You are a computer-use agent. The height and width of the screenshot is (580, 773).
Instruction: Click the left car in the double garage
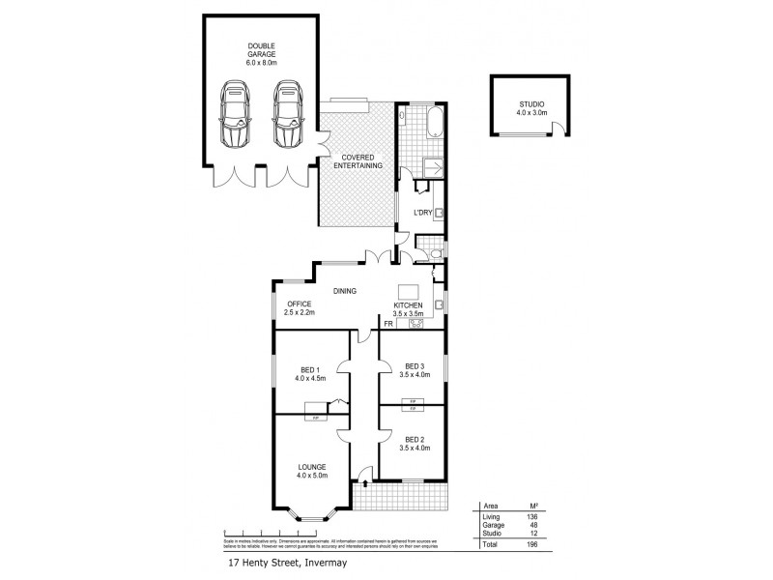coord(236,114)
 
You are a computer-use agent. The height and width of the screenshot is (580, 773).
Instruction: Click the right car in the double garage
coord(288,114)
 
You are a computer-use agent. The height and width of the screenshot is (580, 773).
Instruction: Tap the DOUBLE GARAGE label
coord(261,51)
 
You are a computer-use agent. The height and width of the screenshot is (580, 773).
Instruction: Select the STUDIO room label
coord(532,105)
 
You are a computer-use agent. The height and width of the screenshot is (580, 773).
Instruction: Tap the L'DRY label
coord(422,212)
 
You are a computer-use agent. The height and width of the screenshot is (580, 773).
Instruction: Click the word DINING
coord(345,290)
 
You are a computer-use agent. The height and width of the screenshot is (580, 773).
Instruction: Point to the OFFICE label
coord(298,305)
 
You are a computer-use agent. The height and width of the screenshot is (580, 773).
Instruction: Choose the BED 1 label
coord(309,369)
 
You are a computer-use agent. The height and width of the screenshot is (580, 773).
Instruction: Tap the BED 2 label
coord(415,441)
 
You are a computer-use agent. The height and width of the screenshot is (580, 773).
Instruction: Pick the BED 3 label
coord(415,365)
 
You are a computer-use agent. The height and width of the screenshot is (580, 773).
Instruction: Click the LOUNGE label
coord(312,467)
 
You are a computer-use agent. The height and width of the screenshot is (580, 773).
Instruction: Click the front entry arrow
coord(363,476)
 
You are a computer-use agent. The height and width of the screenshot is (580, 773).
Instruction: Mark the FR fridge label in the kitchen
coord(388,323)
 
